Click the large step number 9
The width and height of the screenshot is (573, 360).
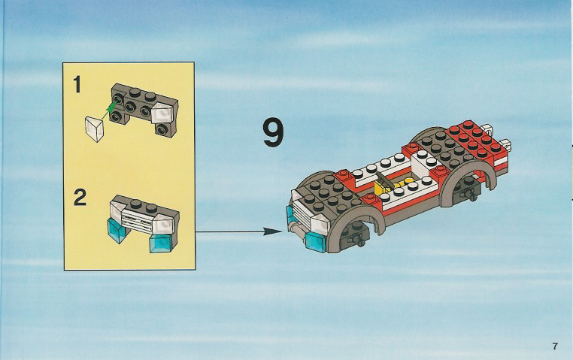click(273, 134)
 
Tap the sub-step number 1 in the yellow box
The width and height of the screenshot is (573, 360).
click(77, 84)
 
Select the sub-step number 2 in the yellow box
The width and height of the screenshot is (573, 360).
click(80, 198)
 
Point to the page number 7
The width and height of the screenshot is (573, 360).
click(555, 346)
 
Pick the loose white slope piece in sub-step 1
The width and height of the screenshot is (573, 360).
click(95, 129)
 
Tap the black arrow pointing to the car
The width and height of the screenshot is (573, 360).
click(239, 231)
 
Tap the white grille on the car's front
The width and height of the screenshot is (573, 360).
click(302, 210)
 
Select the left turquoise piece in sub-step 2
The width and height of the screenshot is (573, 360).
click(116, 230)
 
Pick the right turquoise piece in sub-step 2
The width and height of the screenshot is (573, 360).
click(159, 244)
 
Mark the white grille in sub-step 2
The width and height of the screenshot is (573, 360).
click(138, 219)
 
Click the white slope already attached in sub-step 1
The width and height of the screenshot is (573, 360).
click(162, 113)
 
